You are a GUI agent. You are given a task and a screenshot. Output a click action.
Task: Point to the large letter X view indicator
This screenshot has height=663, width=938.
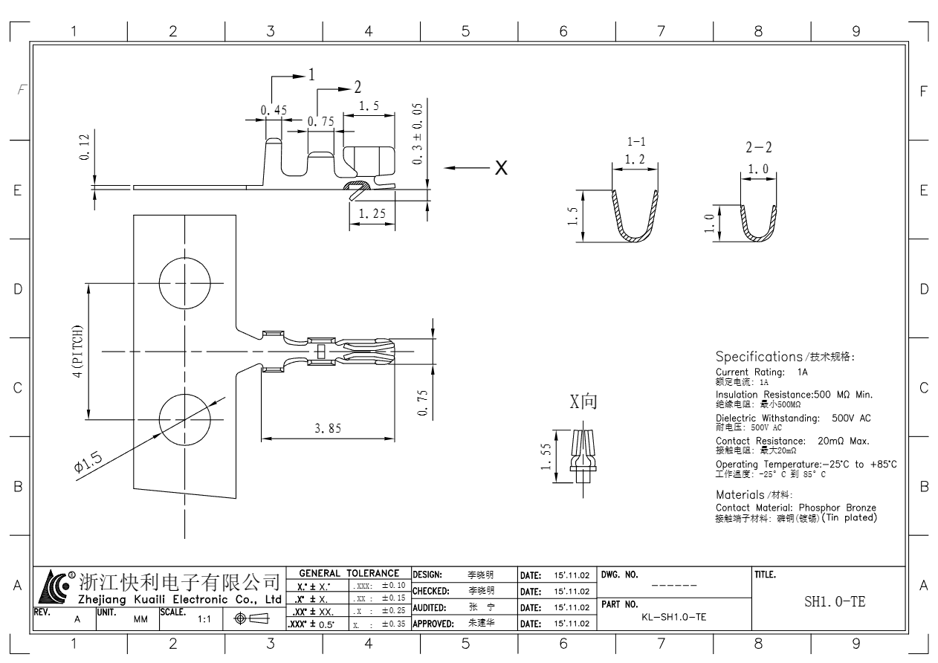pos(502,168)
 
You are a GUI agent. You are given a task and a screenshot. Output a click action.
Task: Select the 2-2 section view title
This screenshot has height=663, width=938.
pos(759,149)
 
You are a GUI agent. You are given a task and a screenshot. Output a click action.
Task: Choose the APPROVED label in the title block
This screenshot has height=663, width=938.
pos(433,624)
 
